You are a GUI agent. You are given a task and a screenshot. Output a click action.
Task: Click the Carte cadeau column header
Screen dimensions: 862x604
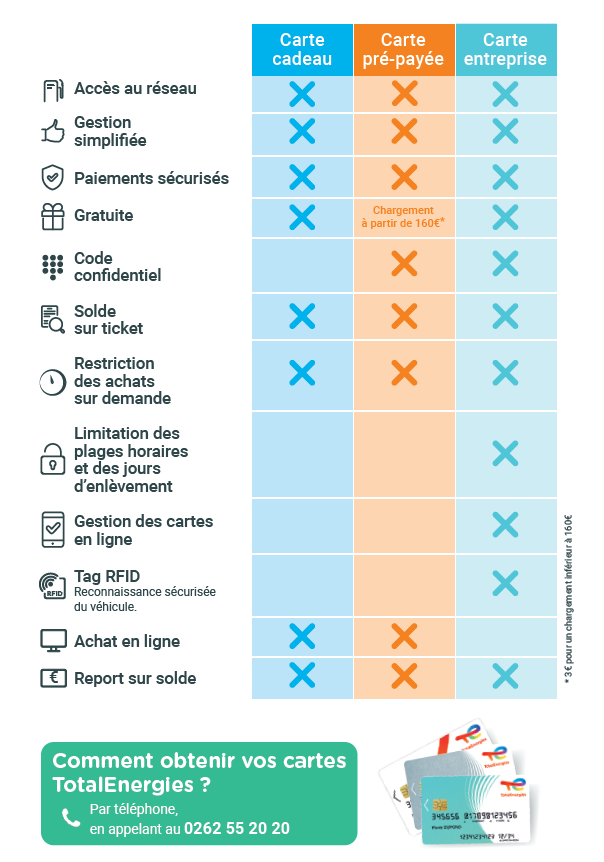302,50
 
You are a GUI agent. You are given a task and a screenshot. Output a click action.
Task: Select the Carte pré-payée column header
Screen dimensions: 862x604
404,50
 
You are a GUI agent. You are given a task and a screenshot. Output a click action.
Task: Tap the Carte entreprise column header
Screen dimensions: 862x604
505,50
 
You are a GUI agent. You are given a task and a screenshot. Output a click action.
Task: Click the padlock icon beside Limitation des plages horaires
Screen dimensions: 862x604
51,460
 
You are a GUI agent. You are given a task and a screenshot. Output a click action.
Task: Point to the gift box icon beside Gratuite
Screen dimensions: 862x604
52,216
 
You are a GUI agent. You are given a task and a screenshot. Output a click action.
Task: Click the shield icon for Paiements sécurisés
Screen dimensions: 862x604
52,178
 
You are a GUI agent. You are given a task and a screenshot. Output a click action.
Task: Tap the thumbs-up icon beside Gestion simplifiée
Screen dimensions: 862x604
52,131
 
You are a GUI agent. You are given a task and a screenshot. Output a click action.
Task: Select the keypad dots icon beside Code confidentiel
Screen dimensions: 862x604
52,266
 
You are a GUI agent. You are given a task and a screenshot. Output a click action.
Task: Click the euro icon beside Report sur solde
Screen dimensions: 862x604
52,678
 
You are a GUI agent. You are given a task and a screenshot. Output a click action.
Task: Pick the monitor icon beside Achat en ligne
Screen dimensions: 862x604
52,641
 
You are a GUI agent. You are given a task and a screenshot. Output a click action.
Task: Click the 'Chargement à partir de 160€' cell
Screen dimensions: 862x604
403,217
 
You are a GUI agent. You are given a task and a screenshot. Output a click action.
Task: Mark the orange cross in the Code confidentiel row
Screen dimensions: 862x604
404,265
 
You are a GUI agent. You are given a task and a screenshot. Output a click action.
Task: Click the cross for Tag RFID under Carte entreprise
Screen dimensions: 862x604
505,583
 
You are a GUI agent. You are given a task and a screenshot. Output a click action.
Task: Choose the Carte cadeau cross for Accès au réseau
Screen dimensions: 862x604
302,94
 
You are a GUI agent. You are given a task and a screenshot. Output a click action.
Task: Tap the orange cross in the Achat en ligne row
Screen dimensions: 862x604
404,637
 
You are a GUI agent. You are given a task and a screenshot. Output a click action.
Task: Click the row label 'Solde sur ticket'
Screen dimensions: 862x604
108,320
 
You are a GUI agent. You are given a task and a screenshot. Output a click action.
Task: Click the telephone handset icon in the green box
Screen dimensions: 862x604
71,818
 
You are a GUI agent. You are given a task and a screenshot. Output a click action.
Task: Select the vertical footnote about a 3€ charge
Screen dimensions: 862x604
570,598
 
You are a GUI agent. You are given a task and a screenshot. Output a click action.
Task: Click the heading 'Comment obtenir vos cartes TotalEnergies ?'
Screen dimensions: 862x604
199,772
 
